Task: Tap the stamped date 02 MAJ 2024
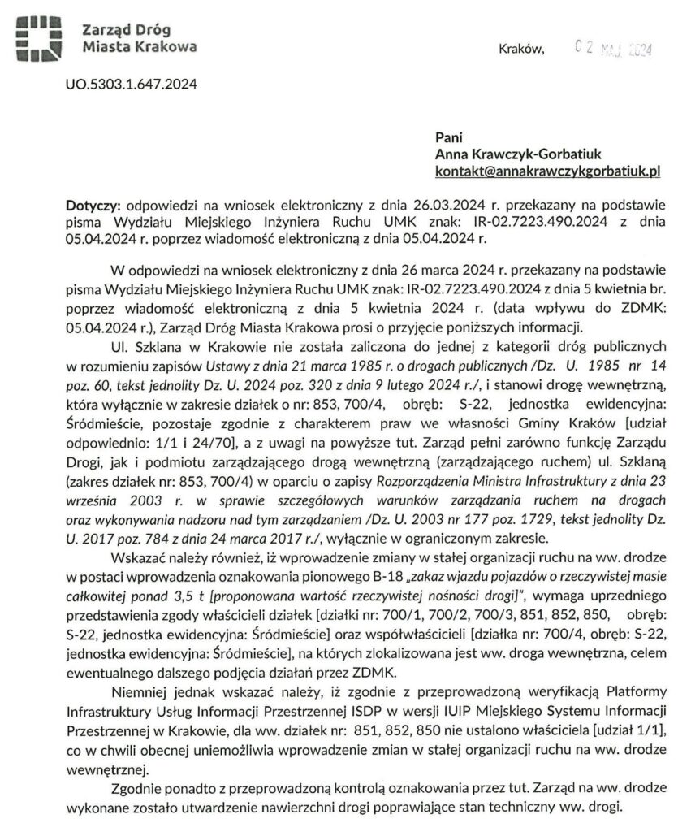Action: click(x=608, y=50)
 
